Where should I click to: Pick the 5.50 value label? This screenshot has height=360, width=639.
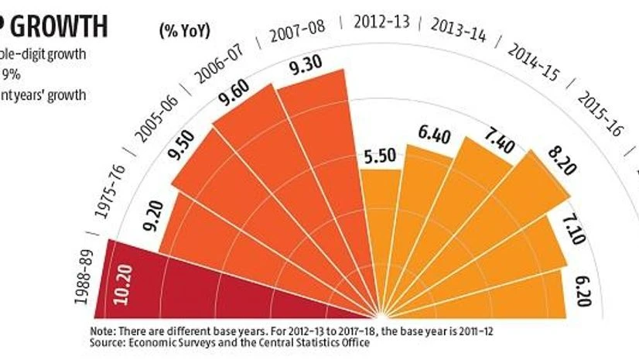pos(378,156)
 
